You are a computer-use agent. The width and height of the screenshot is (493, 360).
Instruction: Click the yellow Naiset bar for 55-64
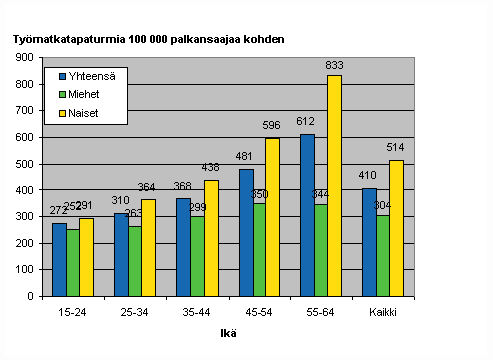pyautogui.click(x=334, y=185)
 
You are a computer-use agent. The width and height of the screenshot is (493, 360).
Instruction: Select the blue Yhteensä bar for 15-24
pyautogui.click(x=59, y=259)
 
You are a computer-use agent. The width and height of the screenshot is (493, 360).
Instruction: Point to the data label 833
pyautogui.click(x=334, y=66)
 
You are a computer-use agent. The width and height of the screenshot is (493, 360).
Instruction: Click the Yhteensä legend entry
pyautogui.click(x=86, y=75)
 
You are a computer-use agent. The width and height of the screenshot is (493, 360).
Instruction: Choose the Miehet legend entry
pyautogui.click(x=82, y=94)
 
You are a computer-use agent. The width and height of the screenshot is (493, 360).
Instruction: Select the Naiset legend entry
pyautogui.click(x=81, y=112)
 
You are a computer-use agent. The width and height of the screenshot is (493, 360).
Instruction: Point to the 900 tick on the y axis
pyautogui.click(x=23, y=57)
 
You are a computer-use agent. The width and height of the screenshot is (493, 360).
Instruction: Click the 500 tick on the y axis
pyautogui.click(x=23, y=163)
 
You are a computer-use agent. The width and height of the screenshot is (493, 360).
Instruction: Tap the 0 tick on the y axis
pyautogui.click(x=31, y=296)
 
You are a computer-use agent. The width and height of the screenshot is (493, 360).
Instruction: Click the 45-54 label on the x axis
pyautogui.click(x=259, y=311)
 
